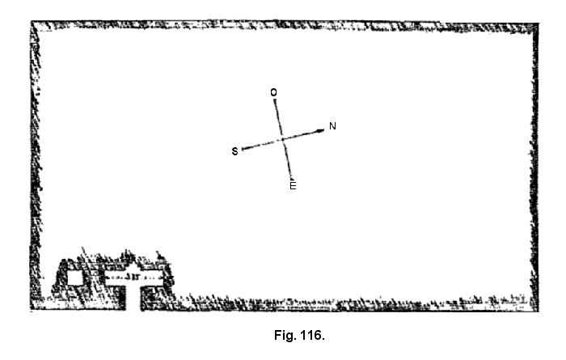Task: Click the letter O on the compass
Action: pos(273,93)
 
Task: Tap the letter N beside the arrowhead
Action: pos(332,127)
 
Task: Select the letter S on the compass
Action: pos(235,151)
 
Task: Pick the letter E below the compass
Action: pos(293,186)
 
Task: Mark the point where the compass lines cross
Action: pos(282,140)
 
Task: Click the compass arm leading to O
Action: pos(277,117)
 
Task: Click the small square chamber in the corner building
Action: pos(75,277)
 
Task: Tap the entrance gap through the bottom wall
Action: pos(133,299)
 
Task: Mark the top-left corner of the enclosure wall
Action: pos(34,25)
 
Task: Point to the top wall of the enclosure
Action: pos(283,25)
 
